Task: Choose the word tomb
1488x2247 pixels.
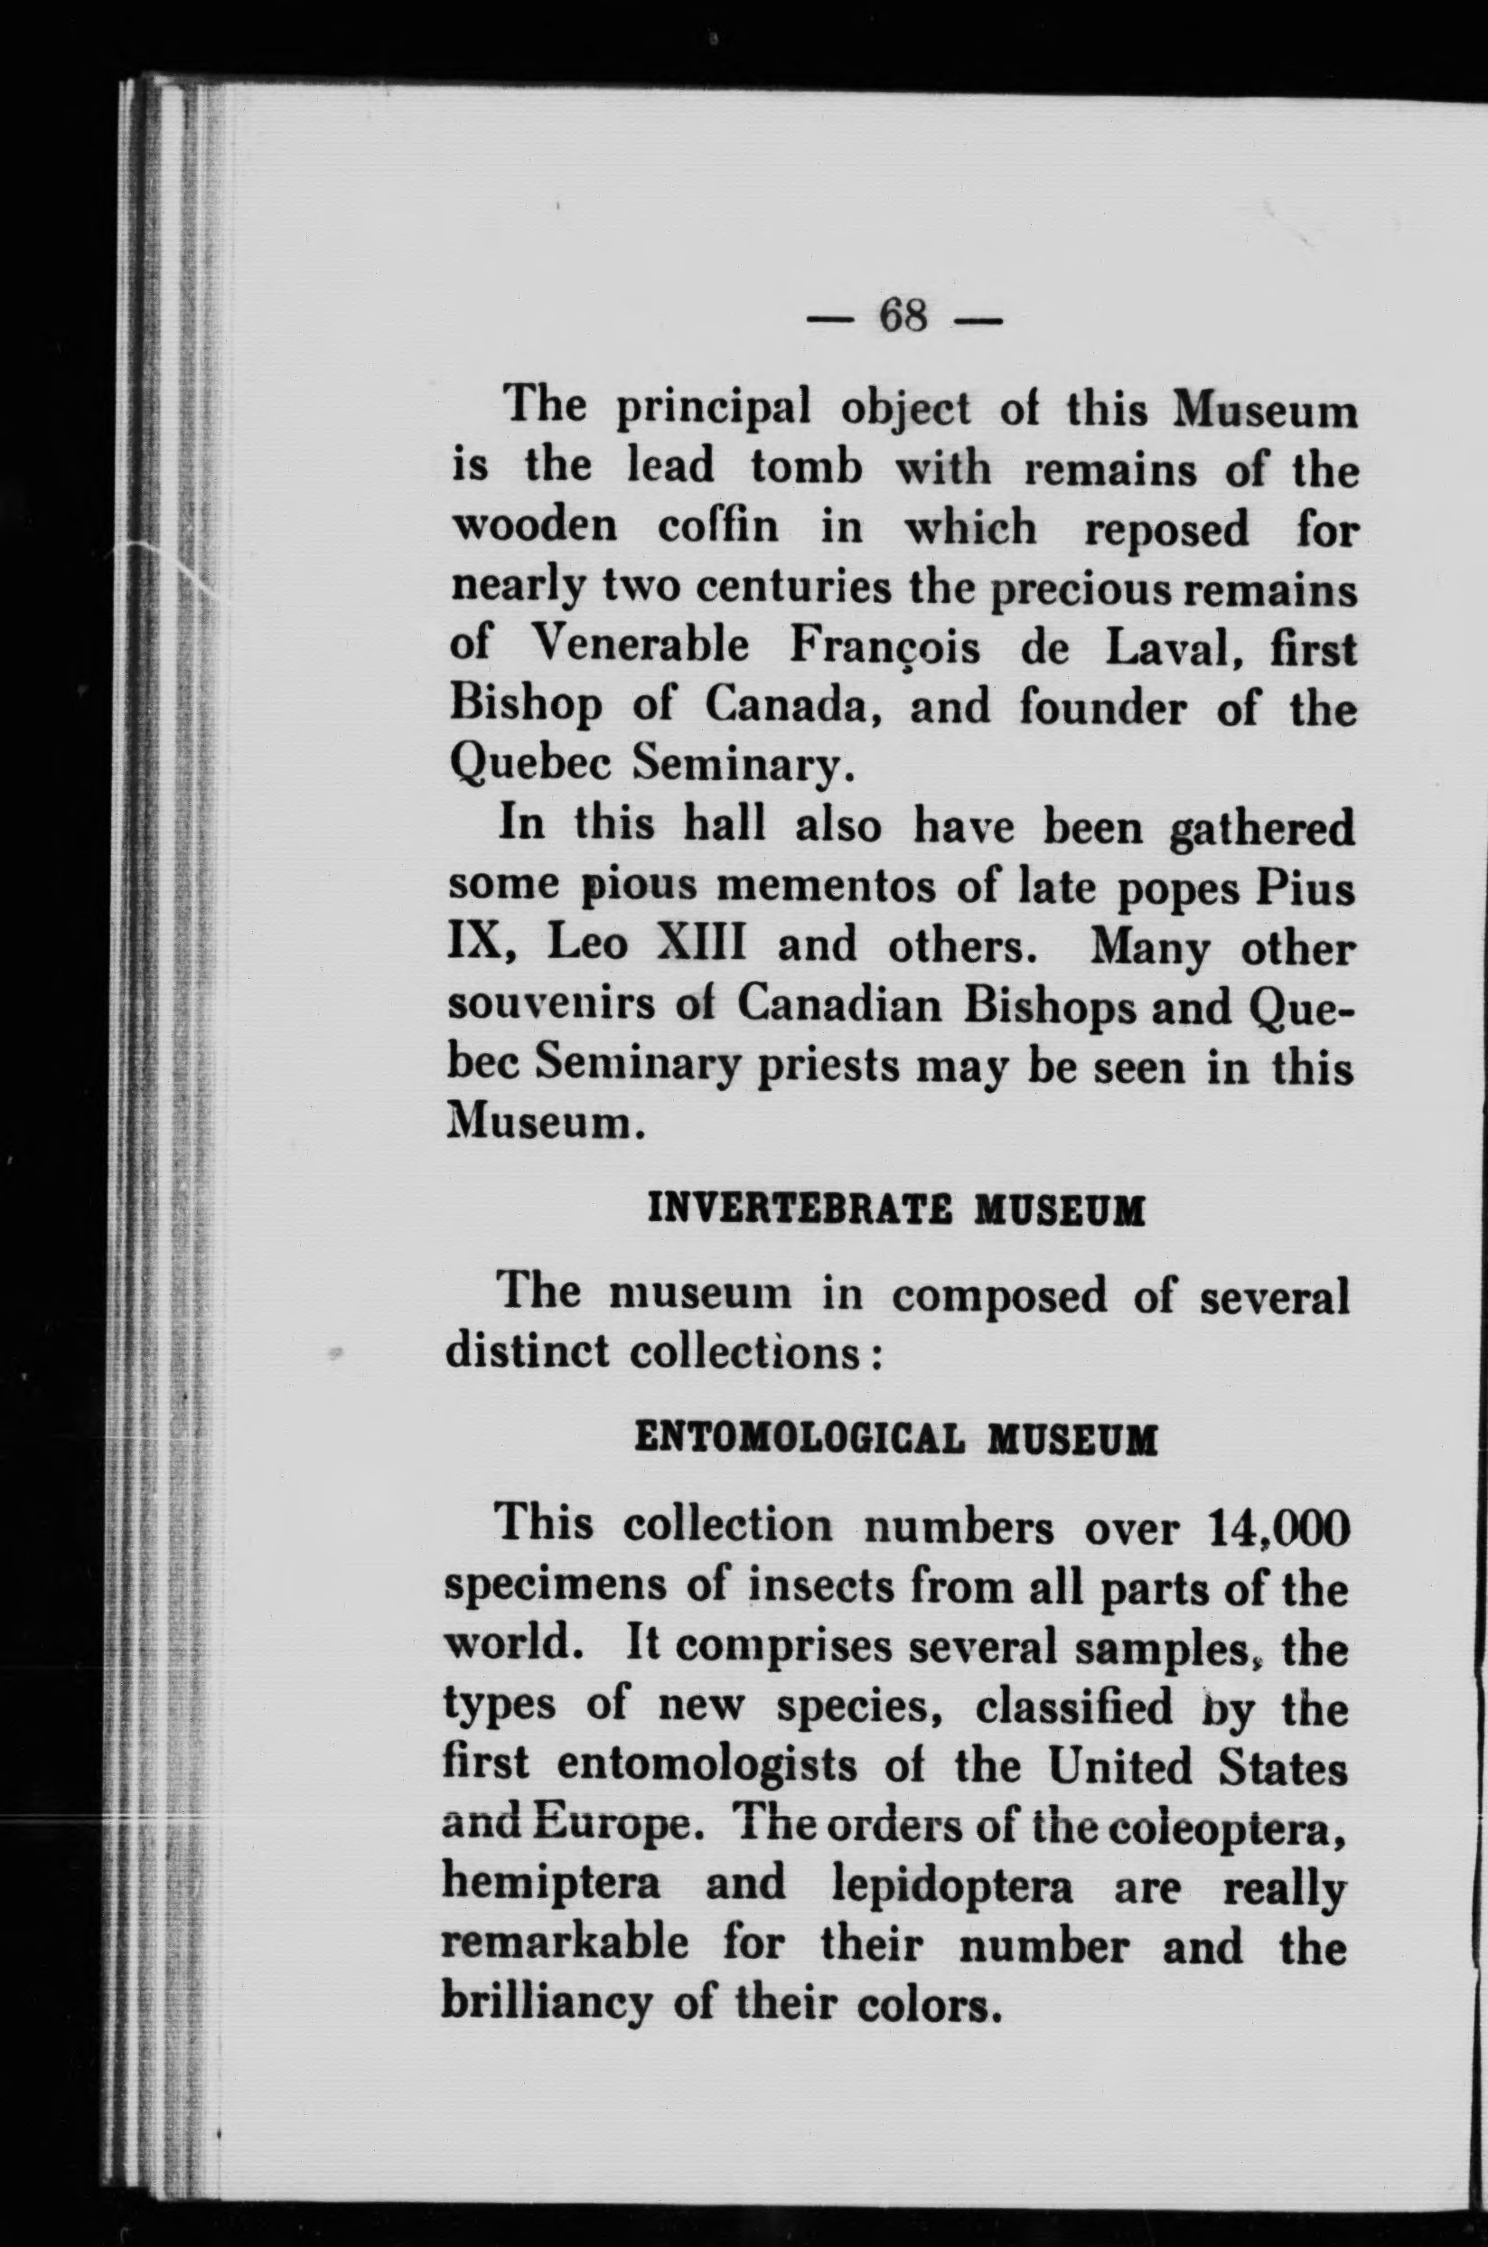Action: pos(804,470)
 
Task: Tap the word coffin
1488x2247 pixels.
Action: pos(718,530)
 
